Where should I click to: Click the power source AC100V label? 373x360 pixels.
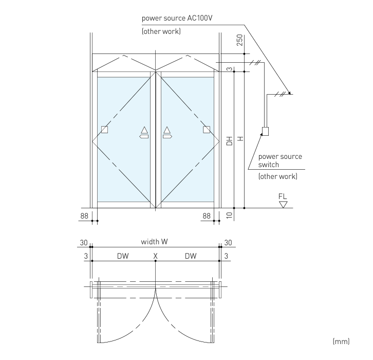click(x=177, y=19)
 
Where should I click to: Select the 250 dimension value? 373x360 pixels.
click(x=240, y=40)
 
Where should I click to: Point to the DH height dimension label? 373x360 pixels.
click(x=229, y=141)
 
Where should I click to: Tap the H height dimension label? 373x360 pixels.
click(x=240, y=138)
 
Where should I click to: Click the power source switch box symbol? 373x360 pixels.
click(x=265, y=131)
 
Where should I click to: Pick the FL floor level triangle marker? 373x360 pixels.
click(x=283, y=205)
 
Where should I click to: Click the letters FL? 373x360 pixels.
click(x=283, y=196)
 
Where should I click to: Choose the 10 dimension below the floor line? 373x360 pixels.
click(x=229, y=215)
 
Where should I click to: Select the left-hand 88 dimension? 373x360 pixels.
click(x=84, y=216)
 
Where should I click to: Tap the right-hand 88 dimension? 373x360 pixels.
click(x=207, y=216)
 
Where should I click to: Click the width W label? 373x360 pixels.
click(x=154, y=242)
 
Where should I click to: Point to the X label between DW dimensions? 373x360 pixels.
click(x=155, y=256)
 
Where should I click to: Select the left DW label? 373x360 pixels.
click(x=123, y=256)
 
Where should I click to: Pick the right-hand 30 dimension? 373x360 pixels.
click(x=228, y=243)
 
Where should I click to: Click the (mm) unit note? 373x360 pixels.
click(x=341, y=341)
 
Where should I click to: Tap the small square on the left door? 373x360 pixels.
click(x=104, y=130)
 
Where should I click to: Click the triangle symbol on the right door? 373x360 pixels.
click(x=167, y=130)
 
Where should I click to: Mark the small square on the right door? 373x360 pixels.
click(x=207, y=130)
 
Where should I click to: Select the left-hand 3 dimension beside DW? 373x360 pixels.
click(x=86, y=256)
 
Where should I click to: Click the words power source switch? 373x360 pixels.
click(x=280, y=160)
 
